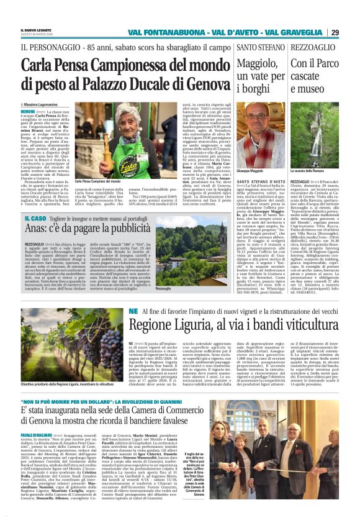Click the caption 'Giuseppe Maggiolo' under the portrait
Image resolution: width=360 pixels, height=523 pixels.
pos(251,170)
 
